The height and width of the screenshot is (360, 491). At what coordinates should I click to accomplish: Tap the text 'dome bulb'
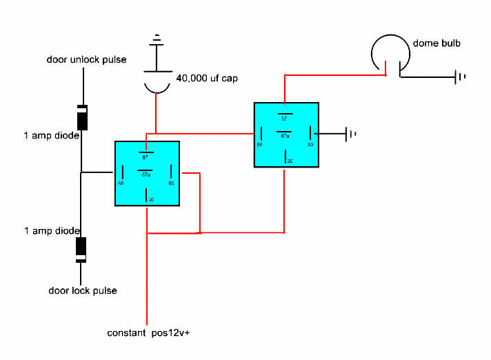click(x=437, y=43)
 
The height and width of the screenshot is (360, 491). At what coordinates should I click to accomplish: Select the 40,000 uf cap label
click(x=207, y=79)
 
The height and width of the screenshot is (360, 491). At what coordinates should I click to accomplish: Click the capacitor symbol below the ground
click(x=157, y=81)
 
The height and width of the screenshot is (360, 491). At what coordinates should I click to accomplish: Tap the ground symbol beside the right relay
click(x=350, y=133)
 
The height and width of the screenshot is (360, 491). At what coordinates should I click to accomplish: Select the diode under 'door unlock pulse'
click(x=82, y=117)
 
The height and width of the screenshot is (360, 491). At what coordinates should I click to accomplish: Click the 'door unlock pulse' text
click(x=86, y=59)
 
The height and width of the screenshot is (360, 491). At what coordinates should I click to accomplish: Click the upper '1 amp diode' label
click(x=51, y=136)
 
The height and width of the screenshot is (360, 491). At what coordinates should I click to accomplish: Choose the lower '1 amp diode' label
click(x=51, y=230)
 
